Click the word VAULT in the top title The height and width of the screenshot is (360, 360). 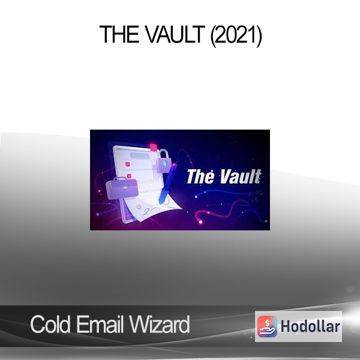pos(175,34)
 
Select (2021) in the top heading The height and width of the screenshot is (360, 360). pos(236,35)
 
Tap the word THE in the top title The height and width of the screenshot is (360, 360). pos(119,34)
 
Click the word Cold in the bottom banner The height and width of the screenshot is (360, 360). pos(50,324)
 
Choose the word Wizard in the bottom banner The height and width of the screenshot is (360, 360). pos(159,324)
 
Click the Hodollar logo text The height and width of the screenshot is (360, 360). pos(310,326)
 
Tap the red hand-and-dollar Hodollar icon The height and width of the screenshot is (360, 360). pos(267,326)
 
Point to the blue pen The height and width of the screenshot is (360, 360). pos(167,184)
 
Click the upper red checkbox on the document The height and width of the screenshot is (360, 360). pos(128,164)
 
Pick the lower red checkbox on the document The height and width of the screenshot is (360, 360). pos(129,176)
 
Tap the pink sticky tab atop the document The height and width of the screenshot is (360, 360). pos(154,147)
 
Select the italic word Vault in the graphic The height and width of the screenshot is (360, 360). pos(241,176)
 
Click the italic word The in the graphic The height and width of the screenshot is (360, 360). pos(200,176)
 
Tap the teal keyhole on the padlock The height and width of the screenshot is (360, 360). pos(164,164)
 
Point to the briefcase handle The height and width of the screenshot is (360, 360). pos(120,179)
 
